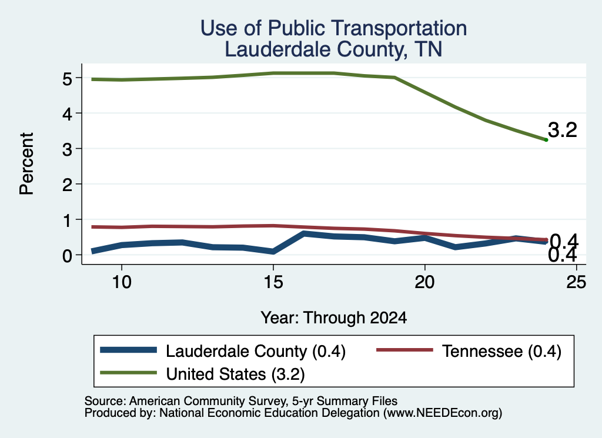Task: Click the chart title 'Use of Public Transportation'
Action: pos(334,28)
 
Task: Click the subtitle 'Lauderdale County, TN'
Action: pos(333,49)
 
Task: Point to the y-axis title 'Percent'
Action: pos(26,164)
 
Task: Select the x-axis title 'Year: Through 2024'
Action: pos(334,318)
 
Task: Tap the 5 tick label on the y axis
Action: pos(67,79)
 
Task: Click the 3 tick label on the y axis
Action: pos(67,149)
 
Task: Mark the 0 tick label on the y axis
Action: pos(67,256)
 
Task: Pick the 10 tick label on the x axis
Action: pos(122,283)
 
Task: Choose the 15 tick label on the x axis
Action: pos(273,283)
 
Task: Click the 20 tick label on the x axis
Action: pos(424,283)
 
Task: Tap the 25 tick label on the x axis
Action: pos(576,283)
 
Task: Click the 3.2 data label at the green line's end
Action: pos(563,130)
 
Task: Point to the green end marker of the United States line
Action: pos(546,140)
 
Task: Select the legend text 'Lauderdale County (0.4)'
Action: pos(256,351)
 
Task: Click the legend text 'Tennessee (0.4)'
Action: pos(502,351)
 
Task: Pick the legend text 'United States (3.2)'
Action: pos(235,375)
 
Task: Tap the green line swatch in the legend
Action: pos(128,373)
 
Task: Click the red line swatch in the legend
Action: pos(404,350)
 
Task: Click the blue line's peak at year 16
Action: pos(304,233)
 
